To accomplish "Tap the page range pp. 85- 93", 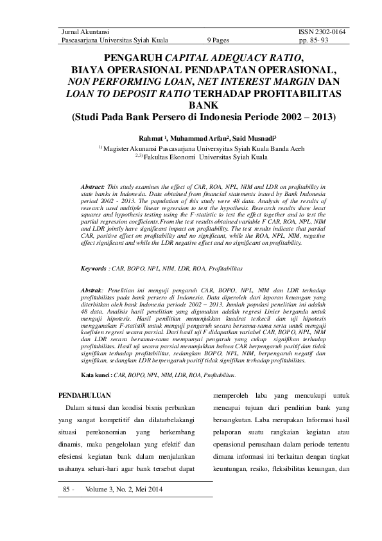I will click(331, 39).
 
